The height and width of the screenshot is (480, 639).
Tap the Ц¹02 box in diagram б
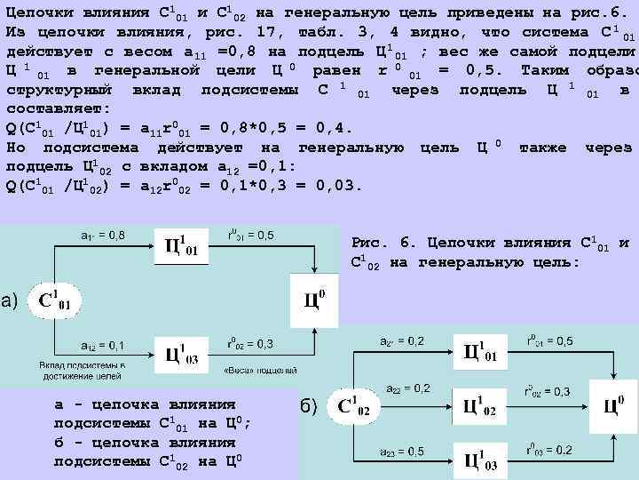click(481, 409)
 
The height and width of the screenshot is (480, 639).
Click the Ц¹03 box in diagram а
click(182, 356)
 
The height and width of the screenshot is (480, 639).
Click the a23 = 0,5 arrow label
click(404, 452)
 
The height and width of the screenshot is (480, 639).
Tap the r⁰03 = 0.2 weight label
click(548, 450)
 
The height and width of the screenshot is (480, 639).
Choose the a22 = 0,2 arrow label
click(408, 388)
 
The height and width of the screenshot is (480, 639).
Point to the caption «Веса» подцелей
click(248, 370)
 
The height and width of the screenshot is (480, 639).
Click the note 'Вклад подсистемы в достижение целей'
click(81, 371)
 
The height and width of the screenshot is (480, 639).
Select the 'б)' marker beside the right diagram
click(307, 407)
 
